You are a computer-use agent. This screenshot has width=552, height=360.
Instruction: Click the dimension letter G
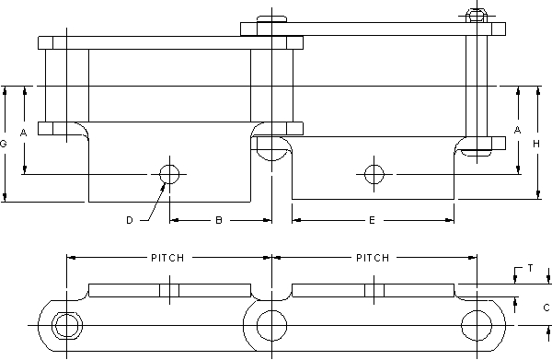4,144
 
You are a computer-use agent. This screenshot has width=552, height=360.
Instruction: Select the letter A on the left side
23,133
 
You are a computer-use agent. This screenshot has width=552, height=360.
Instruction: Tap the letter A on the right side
517,131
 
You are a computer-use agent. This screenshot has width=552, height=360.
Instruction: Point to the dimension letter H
536,144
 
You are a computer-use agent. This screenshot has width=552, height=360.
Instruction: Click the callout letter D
130,220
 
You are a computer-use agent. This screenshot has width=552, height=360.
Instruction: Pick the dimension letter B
219,220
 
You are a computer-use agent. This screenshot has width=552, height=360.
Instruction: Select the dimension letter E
372,220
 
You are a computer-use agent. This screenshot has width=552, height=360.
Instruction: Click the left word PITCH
167,258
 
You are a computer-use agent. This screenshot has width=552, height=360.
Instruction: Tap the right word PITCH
373,258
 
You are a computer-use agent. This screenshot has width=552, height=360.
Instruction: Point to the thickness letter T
531,269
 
